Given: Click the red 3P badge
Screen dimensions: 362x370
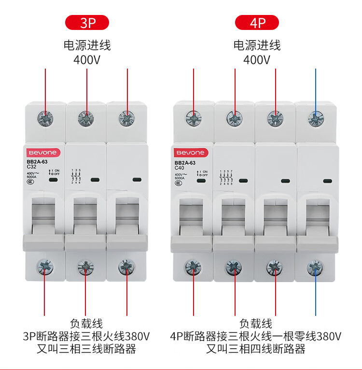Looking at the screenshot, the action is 87,23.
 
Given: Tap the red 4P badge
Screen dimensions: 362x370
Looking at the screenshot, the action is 257,23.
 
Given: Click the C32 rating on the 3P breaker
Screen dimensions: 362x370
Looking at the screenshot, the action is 33,167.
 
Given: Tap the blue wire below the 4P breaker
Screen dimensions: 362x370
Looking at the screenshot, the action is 316,295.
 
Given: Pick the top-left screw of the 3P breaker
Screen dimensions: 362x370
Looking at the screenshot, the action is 45,118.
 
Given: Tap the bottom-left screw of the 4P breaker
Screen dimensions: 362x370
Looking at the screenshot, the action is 194,266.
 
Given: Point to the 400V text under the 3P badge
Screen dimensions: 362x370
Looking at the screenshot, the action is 87,60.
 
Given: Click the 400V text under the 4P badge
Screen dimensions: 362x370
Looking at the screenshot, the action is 257,60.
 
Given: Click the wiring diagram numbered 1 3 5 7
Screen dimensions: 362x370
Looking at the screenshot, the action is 226,177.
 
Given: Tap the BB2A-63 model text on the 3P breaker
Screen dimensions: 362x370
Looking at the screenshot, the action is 37,161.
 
